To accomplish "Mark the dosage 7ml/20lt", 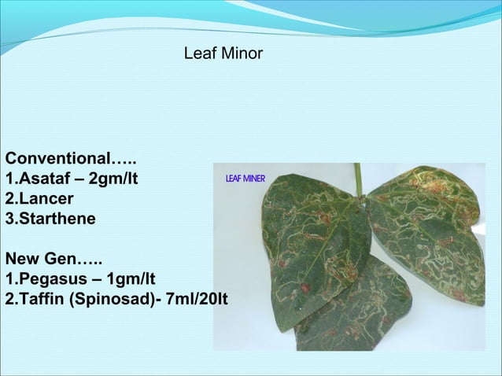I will [193, 300].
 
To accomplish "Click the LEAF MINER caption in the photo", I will [245, 179].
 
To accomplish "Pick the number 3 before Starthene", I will [9, 218].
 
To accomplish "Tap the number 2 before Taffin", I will [9, 300].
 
